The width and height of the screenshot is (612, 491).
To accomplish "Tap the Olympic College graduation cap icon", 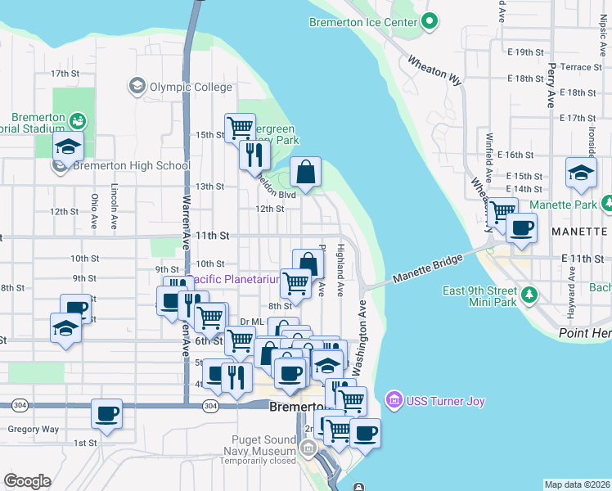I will pos(137,85).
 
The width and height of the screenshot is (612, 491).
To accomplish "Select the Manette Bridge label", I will pos(427,268).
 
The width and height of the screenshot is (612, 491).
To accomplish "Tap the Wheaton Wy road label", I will pos(434,70).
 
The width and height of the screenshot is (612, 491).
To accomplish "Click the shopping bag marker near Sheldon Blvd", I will pos(305,172).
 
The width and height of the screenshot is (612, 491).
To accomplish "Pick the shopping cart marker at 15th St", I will pos(240,128).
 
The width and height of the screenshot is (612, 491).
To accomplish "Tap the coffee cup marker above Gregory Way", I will pos(106,413).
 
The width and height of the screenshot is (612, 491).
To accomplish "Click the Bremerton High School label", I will pos(131,166).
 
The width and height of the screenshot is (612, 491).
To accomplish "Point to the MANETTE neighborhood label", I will pos(578,232).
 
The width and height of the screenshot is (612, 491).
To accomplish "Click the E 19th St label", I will pos(524,52).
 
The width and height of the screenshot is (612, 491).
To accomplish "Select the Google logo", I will pos(26,480).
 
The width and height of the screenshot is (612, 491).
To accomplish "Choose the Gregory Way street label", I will pos(33,429).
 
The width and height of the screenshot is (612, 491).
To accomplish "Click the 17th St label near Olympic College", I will pos(63,73).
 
